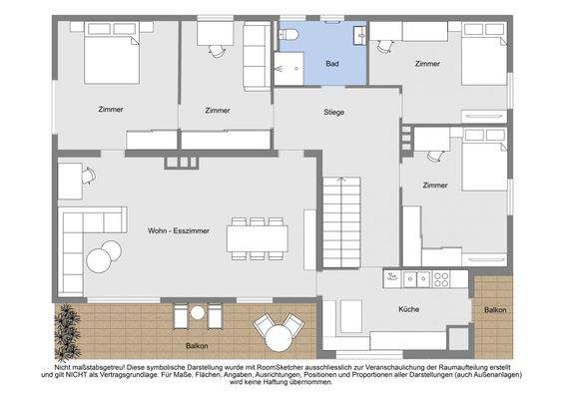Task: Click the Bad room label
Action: click(x=331, y=64)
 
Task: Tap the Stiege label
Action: click(x=333, y=112)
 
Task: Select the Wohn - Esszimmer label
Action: click(x=179, y=230)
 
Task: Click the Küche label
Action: click(x=408, y=309)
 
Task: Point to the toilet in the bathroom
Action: click(x=288, y=35)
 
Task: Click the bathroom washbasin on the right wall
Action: click(x=360, y=36)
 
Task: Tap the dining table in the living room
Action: click(x=258, y=238)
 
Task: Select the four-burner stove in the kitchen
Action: click(x=441, y=279)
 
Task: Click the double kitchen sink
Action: click(x=417, y=279)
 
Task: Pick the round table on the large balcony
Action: click(x=279, y=338)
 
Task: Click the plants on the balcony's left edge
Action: click(x=67, y=331)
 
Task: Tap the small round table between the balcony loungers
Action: click(x=198, y=312)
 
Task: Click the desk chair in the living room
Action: click(x=89, y=176)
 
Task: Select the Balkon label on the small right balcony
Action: click(x=495, y=309)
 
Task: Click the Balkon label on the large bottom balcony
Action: click(x=197, y=346)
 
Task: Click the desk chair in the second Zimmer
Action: click(x=217, y=52)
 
